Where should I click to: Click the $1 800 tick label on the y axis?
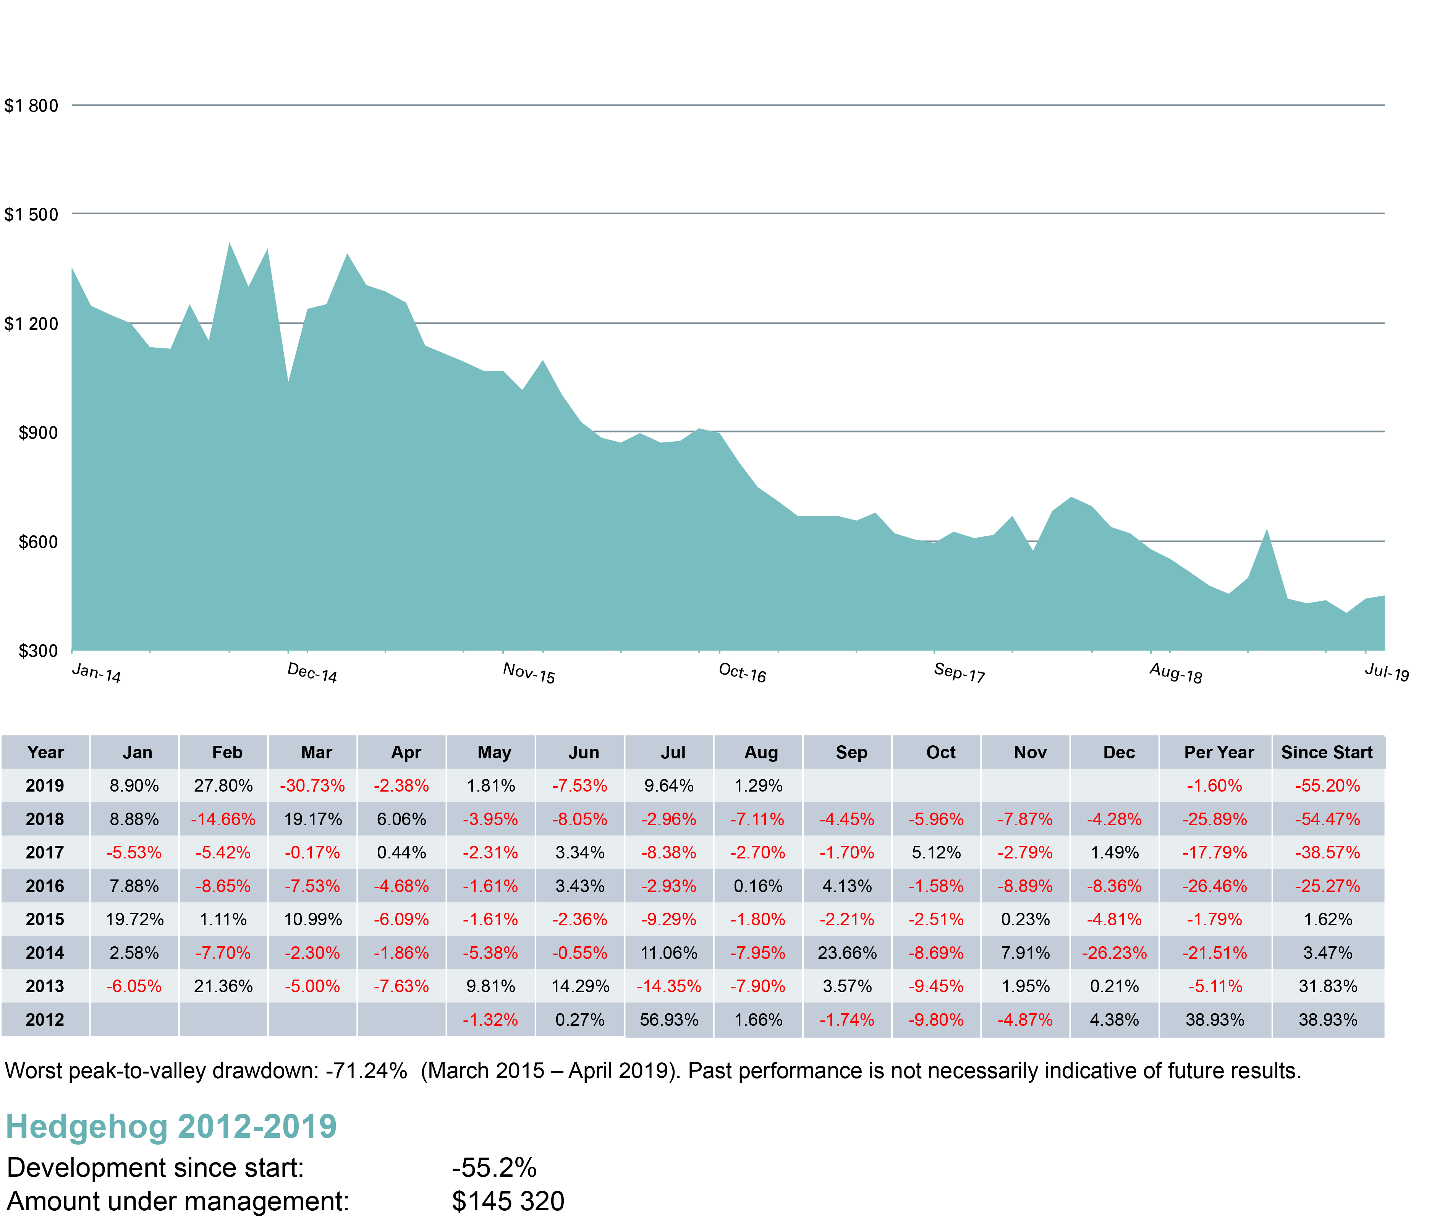[x=31, y=106]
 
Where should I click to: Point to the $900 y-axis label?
[x=38, y=432]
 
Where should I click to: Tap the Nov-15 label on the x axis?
[x=529, y=672]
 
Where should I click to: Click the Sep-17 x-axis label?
[x=959, y=672]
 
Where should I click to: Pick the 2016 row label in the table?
[x=45, y=886]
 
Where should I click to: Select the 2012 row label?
[x=45, y=1020]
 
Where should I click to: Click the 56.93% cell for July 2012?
[x=668, y=1020]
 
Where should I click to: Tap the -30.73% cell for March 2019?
[x=312, y=785]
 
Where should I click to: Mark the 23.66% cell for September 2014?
[x=847, y=953]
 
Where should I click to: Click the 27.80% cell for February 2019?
[x=223, y=785]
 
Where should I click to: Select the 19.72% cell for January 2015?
[x=134, y=919]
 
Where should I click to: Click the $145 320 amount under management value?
[x=508, y=1201]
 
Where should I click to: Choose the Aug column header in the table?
[x=761, y=752]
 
